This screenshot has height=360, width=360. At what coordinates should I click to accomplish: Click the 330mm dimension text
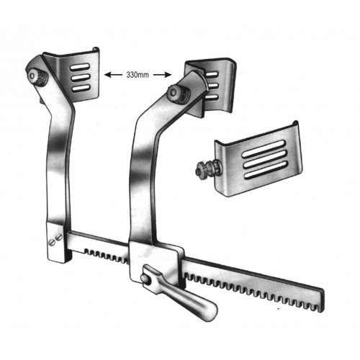coord(138,75)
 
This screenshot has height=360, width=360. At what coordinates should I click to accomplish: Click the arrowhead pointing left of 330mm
coord(107,75)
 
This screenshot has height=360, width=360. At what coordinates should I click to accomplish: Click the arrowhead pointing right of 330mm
coord(168,75)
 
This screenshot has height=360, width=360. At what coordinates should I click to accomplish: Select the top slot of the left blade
coord(80,66)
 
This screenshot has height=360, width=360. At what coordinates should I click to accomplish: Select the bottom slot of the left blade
coord(81,88)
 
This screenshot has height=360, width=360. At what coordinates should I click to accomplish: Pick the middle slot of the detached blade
coord(265,160)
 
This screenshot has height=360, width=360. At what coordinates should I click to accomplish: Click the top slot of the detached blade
coord(264,149)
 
